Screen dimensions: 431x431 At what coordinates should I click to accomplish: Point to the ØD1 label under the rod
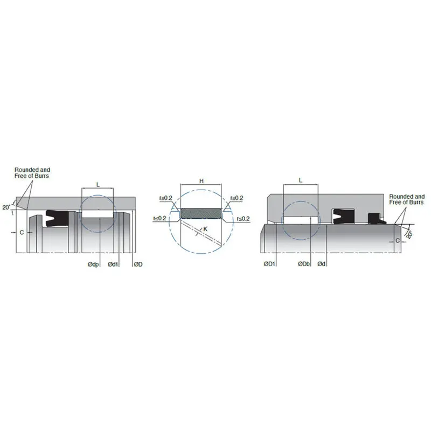point(269,263)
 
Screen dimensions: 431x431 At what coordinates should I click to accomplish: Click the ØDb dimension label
point(304,263)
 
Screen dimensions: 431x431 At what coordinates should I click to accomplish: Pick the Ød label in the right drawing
point(321,263)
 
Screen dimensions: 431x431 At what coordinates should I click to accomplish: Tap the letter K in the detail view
point(205,228)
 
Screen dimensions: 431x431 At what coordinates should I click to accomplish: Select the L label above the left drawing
point(98,184)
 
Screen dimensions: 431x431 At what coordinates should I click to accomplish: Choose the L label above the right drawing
point(300,179)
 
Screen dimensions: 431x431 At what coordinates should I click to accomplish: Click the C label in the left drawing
point(21,232)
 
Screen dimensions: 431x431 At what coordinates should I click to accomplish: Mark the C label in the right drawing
point(398,240)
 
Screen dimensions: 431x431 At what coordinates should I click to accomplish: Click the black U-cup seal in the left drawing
point(57,217)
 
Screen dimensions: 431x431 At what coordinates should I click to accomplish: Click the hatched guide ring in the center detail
point(201,213)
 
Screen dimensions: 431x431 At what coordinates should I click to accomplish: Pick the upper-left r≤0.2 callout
point(165,198)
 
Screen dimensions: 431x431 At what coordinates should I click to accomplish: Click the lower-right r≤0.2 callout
point(243,218)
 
